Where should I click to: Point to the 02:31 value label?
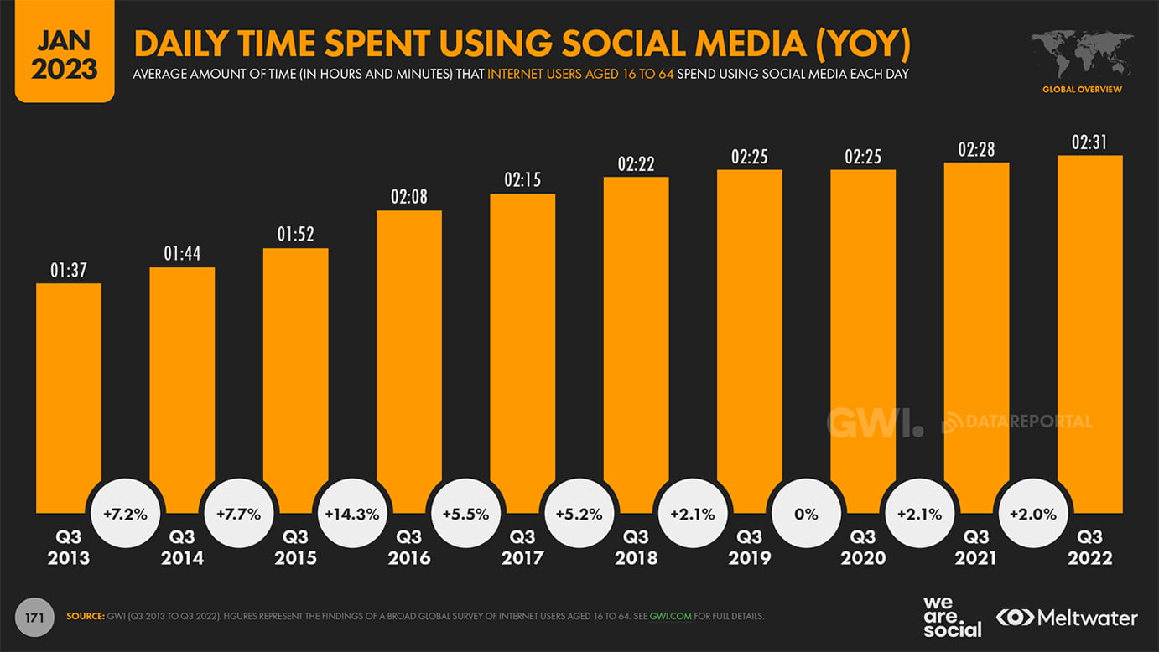tap(1089, 143)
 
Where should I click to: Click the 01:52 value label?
tap(295, 235)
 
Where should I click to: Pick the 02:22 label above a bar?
tap(636, 164)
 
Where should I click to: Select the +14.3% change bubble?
tap(352, 515)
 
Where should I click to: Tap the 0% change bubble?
tap(806, 515)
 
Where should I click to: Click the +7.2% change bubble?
tap(125, 515)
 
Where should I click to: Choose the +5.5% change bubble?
tap(465, 515)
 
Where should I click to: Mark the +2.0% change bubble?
tap(1033, 515)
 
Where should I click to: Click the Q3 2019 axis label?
tap(749, 547)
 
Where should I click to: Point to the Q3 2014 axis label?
tap(182, 547)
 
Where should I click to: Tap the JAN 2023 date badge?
tap(65, 53)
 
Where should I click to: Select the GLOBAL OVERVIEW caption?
tap(1082, 90)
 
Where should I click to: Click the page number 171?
tap(34, 618)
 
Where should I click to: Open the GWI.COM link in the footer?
tap(671, 617)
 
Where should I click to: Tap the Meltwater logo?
tap(1067, 618)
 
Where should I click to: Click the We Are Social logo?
tap(952, 618)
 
